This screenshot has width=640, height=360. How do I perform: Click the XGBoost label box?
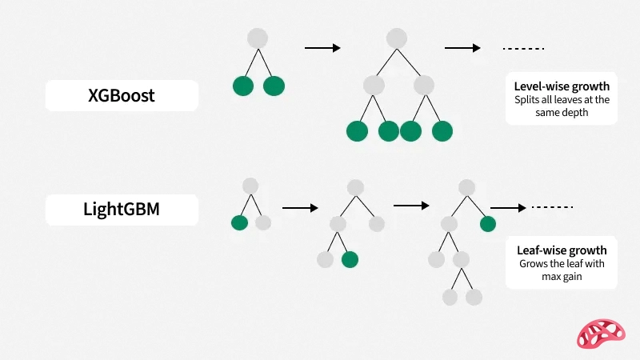tap(121, 95)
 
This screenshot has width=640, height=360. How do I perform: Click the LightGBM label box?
tap(121, 210)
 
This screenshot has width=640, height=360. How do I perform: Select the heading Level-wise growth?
tap(562, 86)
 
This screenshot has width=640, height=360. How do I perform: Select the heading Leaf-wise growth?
tap(562, 250)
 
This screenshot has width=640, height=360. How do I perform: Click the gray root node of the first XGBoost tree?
tap(257, 38)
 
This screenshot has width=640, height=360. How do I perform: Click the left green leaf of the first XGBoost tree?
tap(243, 86)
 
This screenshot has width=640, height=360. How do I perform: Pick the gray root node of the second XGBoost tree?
tap(397, 38)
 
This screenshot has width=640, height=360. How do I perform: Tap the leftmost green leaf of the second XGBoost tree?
tap(357, 130)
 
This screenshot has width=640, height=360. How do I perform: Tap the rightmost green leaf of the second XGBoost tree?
tap(442, 130)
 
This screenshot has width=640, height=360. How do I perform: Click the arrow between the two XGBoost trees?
tap(322, 48)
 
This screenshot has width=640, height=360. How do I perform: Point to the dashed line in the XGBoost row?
tap(523, 48)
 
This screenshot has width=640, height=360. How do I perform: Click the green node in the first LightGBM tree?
tap(239, 222)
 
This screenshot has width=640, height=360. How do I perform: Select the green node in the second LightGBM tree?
tap(349, 259)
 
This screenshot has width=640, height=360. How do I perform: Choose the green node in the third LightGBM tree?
tap(488, 223)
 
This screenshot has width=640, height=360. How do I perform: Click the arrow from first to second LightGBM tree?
tap(300, 208)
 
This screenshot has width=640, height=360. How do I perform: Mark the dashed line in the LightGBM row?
tap(553, 208)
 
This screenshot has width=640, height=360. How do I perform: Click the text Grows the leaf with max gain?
tap(562, 270)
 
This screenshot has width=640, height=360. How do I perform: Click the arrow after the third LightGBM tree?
tap(507, 208)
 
